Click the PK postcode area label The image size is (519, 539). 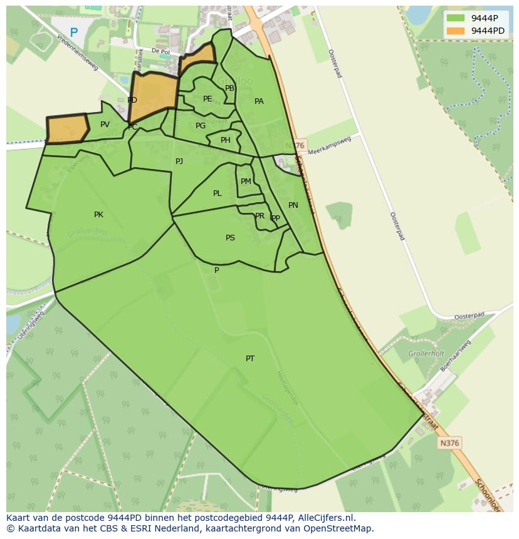click(x=98, y=215)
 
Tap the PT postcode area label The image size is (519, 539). click(x=250, y=359)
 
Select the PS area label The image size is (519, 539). click(x=230, y=238)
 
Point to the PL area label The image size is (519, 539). click(x=217, y=193)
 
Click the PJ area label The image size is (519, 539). click(x=179, y=162)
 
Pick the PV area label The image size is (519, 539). click(x=105, y=125)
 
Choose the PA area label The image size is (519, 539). click(x=259, y=101)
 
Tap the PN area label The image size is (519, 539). click(x=293, y=205)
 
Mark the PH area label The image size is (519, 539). click(x=225, y=140)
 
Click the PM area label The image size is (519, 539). click(x=246, y=182)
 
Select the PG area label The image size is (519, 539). click(x=200, y=126)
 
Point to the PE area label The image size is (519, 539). click(x=207, y=99)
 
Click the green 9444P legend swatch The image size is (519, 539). click(x=456, y=18)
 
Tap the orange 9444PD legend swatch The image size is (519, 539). click(x=456, y=31)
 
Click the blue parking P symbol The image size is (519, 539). click(x=74, y=33)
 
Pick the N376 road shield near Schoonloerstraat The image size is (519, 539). click(x=450, y=443)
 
